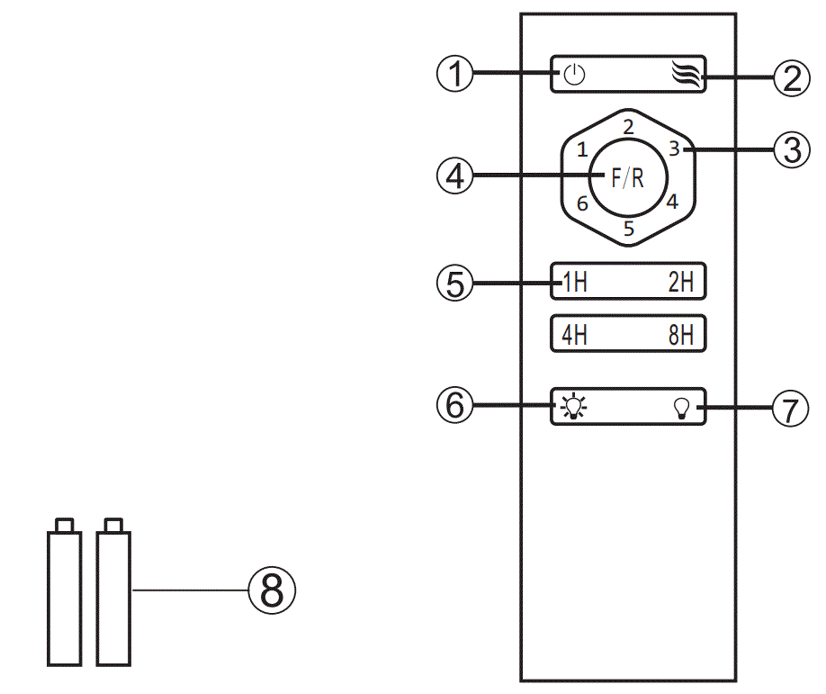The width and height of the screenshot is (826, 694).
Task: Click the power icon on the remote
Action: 574,75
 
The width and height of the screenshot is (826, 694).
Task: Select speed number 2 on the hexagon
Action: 629,126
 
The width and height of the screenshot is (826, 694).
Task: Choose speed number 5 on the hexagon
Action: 629,229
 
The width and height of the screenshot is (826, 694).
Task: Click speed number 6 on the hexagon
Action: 582,203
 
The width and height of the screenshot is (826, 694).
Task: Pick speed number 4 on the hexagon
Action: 671,201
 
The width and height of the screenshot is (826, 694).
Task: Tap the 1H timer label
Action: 574,283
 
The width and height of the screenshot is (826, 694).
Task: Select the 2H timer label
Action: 681,283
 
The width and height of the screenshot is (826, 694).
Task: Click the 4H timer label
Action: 574,335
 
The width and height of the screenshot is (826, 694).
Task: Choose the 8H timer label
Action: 681,335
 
